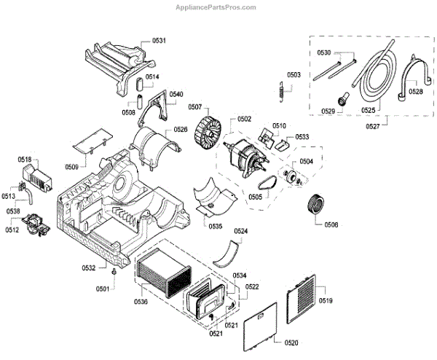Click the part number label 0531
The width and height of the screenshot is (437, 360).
(159, 41)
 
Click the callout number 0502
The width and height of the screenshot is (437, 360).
(244, 120)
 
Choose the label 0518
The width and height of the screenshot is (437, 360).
(24, 159)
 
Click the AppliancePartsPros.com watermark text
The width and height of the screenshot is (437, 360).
(216, 7)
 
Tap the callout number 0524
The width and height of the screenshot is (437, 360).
(240, 231)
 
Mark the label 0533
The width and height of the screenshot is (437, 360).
(302, 136)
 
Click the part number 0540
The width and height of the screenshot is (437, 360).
(176, 94)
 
